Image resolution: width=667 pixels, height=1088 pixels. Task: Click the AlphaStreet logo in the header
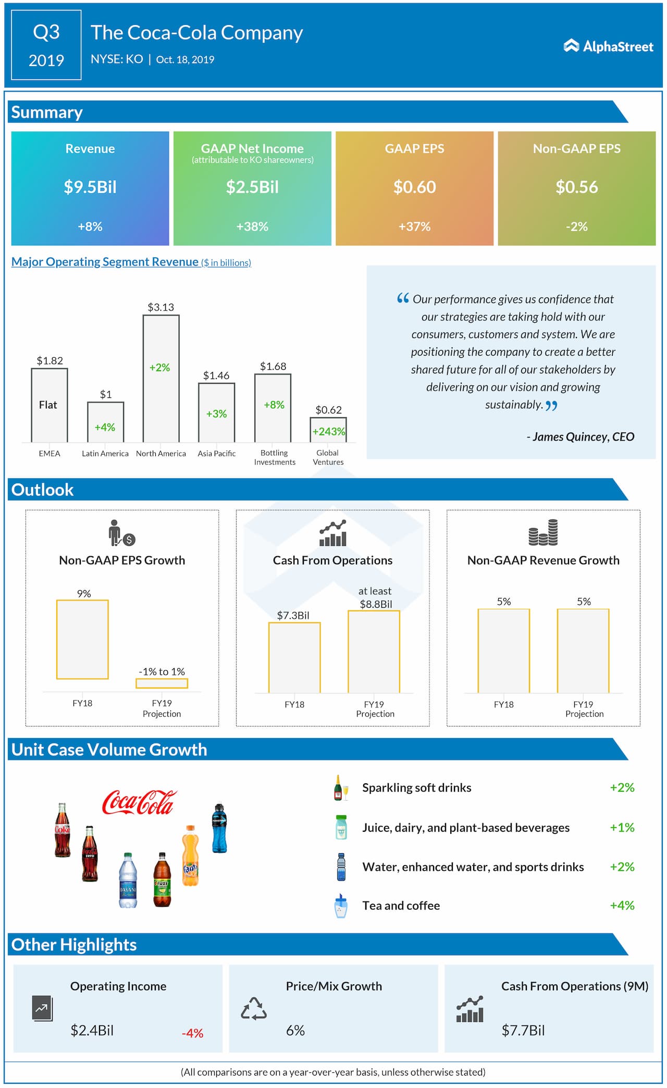pyautogui.click(x=608, y=46)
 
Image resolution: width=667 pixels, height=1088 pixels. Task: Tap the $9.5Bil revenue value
pyautogui.click(x=90, y=187)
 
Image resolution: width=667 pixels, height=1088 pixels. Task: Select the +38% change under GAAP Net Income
pyautogui.click(x=252, y=227)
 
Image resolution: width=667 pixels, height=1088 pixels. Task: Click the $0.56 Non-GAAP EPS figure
pyautogui.click(x=576, y=187)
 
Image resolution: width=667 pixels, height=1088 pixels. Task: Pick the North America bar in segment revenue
pyautogui.click(x=161, y=378)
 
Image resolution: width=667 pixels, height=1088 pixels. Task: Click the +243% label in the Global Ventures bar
pyautogui.click(x=328, y=431)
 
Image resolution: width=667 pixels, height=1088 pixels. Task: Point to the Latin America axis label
pyautogui.click(x=105, y=454)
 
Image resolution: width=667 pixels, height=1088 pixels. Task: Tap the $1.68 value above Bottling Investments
pyautogui.click(x=273, y=366)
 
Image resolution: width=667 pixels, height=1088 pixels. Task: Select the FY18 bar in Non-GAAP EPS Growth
pyautogui.click(x=82, y=639)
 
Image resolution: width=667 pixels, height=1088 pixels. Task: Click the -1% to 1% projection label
pyautogui.click(x=162, y=671)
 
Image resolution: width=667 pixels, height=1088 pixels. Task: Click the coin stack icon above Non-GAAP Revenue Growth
pyautogui.click(x=543, y=532)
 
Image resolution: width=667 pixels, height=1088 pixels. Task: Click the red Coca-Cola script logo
pyautogui.click(x=139, y=803)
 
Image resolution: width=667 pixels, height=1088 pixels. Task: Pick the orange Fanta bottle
pyautogui.click(x=190, y=856)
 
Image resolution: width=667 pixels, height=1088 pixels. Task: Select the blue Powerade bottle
pyautogui.click(x=219, y=828)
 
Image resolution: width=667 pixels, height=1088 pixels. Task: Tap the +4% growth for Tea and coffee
pyautogui.click(x=622, y=905)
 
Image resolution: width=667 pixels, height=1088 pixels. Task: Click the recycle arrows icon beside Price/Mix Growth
pyautogui.click(x=254, y=1009)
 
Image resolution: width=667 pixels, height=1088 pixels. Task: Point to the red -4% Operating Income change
pyautogui.click(x=192, y=1033)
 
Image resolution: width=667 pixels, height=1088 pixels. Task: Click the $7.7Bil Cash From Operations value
pyautogui.click(x=523, y=1030)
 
